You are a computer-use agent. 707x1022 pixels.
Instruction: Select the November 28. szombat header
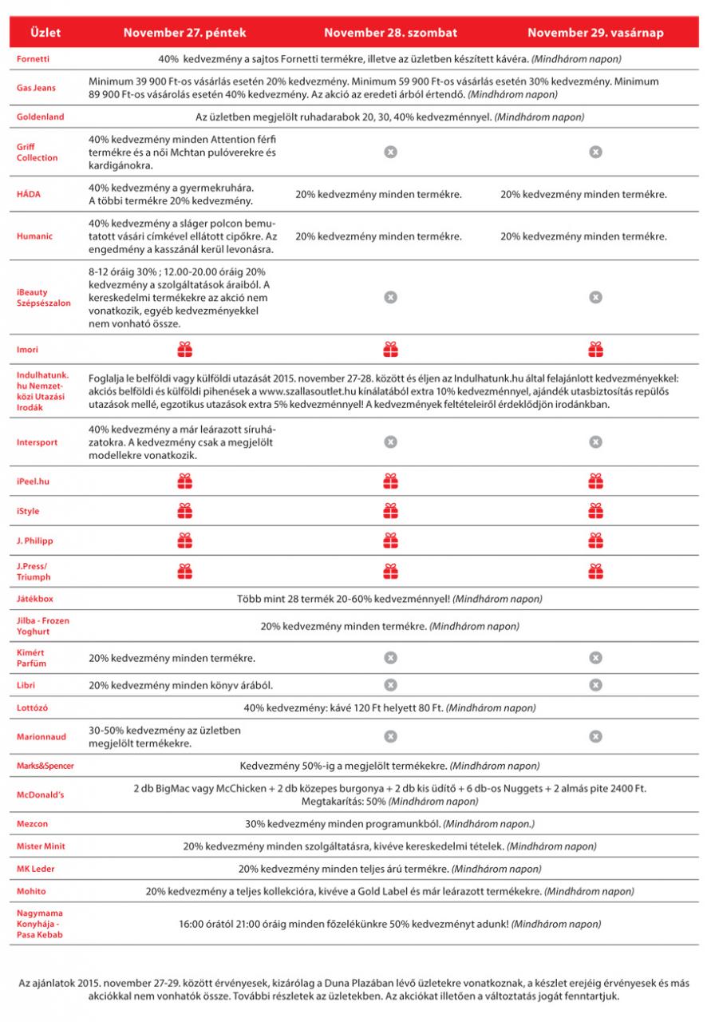coord(390,33)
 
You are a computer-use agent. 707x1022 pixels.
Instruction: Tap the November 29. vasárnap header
coord(594,33)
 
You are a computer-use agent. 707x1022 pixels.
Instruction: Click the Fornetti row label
coord(33,60)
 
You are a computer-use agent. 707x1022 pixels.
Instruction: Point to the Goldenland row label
coord(41,117)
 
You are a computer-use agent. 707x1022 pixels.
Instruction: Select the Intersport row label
coord(38,442)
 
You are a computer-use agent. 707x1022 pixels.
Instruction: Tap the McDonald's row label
coord(41,795)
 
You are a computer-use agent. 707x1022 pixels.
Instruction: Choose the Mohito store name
coord(32,890)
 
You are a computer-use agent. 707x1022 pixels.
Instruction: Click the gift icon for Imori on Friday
coord(185,349)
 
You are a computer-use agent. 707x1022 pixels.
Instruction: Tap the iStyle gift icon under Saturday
coord(390,511)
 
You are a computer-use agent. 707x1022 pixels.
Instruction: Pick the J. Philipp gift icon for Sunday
coord(595,541)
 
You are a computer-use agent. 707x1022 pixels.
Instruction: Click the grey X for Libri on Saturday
coord(390,684)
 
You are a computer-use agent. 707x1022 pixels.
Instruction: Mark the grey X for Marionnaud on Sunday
coord(595,736)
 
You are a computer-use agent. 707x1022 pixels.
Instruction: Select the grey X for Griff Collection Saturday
coord(390,152)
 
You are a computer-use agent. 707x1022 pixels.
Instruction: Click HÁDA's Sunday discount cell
coord(584,194)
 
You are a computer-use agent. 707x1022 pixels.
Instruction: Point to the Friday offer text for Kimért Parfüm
coord(172,658)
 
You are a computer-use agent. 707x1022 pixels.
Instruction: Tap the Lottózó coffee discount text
coord(389,707)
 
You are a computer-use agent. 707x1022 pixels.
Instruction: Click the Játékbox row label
coord(35,598)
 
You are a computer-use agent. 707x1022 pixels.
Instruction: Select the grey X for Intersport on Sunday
coord(595,442)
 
